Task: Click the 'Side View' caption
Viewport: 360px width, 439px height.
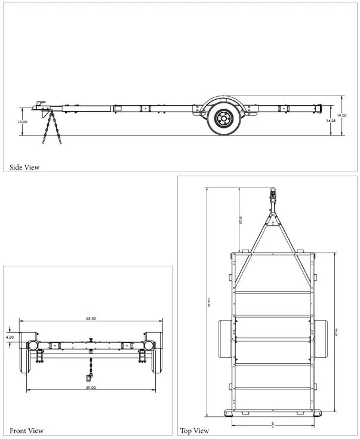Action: coord(24,167)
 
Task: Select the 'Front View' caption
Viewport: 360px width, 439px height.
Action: coord(26,430)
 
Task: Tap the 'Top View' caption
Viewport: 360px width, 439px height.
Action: coord(195,430)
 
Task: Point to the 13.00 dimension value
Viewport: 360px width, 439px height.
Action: coord(22,121)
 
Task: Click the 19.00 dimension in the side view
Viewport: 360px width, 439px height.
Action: coord(341,115)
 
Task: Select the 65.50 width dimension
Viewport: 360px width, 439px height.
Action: coord(91,319)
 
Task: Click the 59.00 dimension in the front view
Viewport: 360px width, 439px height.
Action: coord(91,388)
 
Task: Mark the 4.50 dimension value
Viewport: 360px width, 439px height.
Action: coord(10,337)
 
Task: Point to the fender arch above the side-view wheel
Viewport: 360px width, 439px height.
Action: coord(222,99)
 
